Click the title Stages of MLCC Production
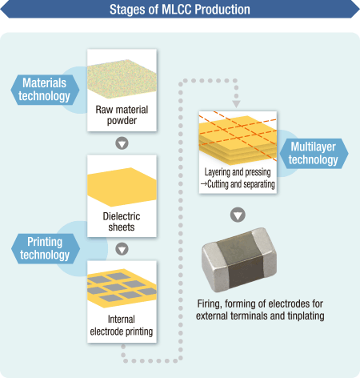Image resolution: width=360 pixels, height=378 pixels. [x=180, y=10]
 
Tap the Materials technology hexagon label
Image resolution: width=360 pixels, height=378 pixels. [x=45, y=90]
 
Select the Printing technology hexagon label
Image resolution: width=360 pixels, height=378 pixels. [x=45, y=248]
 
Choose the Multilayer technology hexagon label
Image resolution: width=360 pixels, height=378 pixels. [x=314, y=154]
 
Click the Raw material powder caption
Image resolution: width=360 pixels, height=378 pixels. [x=122, y=115]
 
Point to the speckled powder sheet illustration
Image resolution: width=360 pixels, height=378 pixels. [x=122, y=79]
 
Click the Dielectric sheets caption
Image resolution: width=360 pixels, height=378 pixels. [x=122, y=222]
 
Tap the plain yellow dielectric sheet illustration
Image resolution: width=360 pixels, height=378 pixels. [x=122, y=187]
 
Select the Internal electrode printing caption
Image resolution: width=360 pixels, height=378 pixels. [x=122, y=325]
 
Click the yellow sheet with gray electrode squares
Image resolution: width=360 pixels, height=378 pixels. [x=122, y=288]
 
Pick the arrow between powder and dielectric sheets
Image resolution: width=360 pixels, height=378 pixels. [x=122, y=143]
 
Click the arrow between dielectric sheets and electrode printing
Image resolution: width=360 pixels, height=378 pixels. [x=122, y=249]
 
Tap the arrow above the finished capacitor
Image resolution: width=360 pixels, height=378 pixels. [x=238, y=215]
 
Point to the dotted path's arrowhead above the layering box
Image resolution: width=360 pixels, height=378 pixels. [x=236, y=104]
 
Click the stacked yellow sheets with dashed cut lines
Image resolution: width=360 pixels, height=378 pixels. [x=238, y=139]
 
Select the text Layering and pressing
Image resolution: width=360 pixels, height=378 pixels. [x=238, y=172]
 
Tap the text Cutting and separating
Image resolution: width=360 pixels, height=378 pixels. [x=241, y=184]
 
